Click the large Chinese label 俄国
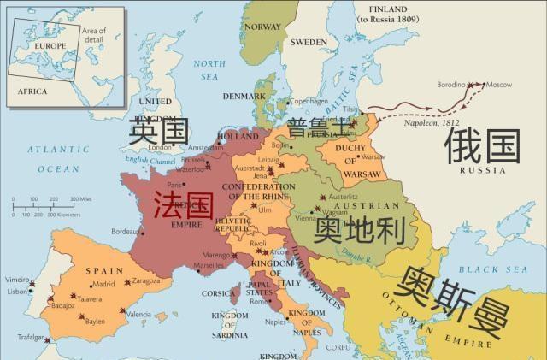[481, 146]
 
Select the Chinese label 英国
[158, 131]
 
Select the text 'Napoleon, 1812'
[432, 124]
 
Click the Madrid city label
[103, 284]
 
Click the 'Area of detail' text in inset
[94, 34]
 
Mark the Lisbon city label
[16, 292]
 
